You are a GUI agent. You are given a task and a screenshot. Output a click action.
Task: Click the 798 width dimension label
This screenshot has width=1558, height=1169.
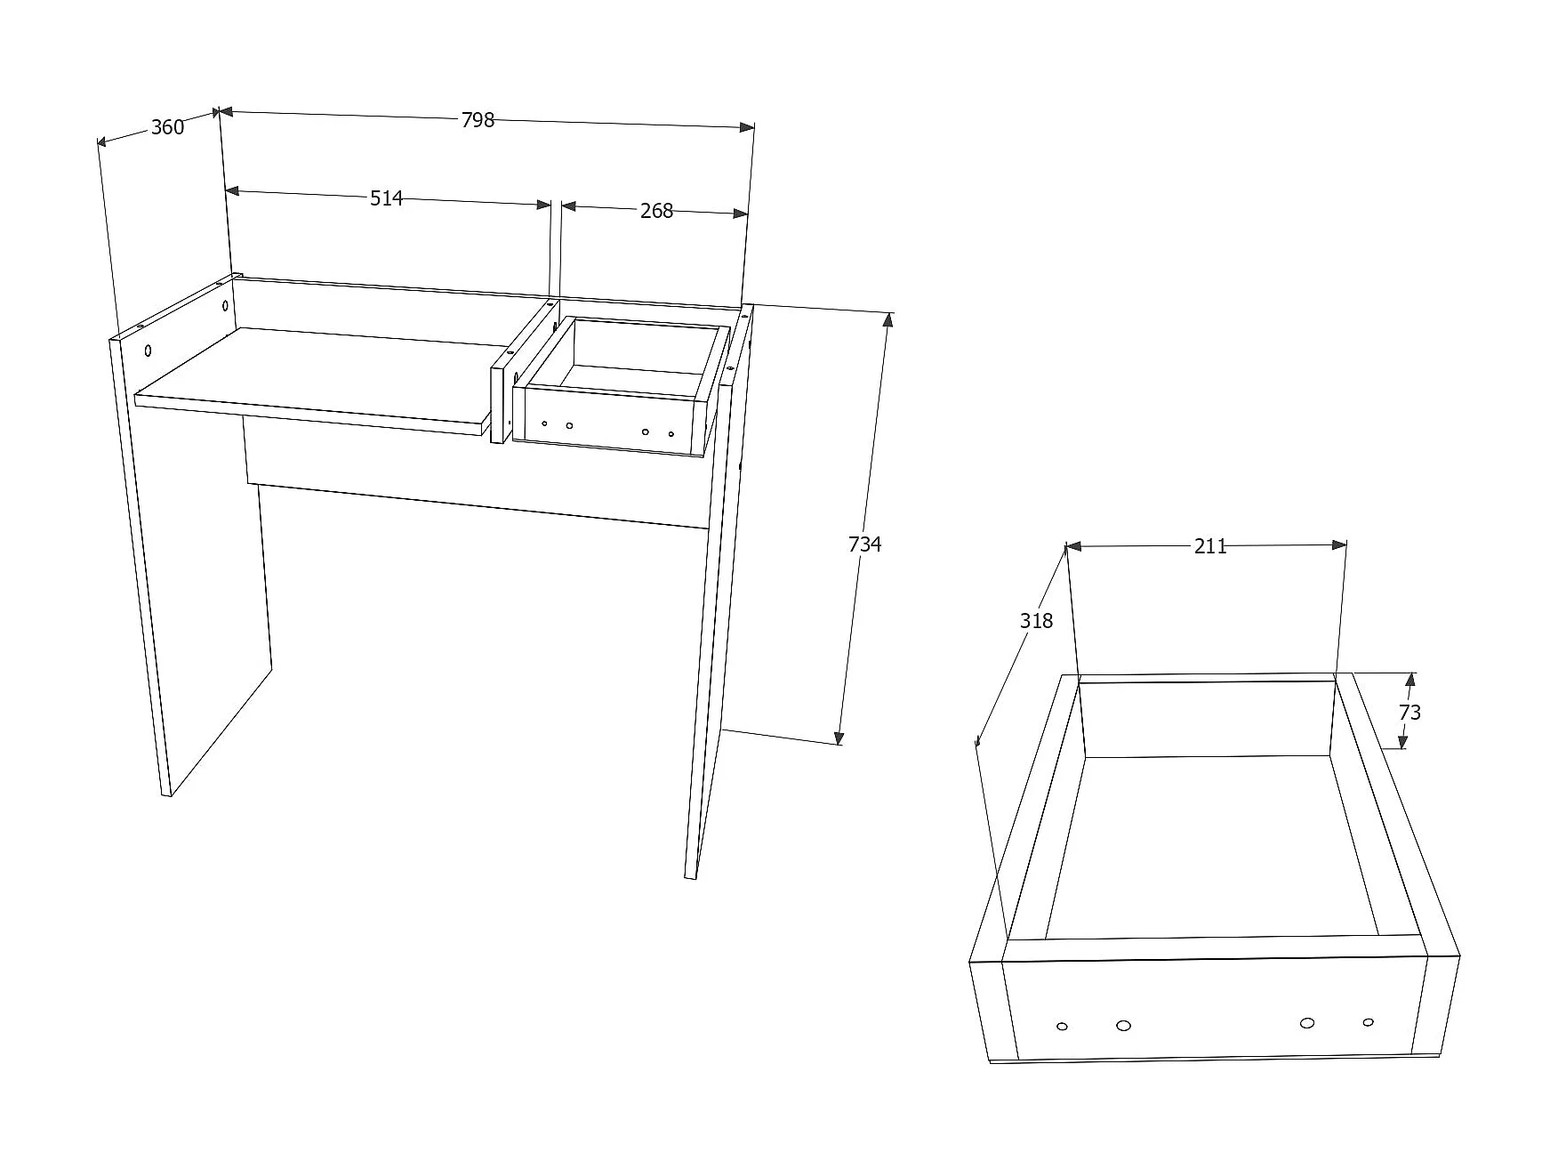478,120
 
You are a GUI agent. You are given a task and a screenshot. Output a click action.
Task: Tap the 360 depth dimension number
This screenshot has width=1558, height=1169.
167,127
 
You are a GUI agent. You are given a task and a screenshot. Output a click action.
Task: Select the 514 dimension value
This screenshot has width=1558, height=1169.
387,198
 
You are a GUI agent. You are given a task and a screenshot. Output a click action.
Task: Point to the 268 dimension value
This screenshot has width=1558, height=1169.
656,211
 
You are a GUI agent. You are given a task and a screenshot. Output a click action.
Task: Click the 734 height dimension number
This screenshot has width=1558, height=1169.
864,544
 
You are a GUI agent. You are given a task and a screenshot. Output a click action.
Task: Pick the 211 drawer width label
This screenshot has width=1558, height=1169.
1210,546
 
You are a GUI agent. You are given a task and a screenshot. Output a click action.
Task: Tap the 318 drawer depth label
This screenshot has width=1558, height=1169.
1036,621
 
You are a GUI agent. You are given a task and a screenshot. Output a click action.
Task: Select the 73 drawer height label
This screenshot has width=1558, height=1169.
1409,713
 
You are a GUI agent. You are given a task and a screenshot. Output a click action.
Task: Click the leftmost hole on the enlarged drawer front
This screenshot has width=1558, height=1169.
1062,1027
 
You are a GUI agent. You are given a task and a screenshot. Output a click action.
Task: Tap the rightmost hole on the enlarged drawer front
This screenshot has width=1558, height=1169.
1368,1022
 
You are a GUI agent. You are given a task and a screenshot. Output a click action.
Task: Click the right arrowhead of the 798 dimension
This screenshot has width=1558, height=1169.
746,128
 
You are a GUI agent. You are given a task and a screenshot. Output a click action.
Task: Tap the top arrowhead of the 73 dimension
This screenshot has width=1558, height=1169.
1409,679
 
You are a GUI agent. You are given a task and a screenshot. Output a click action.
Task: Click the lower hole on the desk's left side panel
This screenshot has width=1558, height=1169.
149,351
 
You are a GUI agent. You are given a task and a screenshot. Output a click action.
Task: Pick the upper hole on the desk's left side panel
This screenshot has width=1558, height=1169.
225,306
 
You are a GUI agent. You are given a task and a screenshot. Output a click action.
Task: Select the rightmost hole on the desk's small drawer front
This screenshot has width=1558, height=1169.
671,434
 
